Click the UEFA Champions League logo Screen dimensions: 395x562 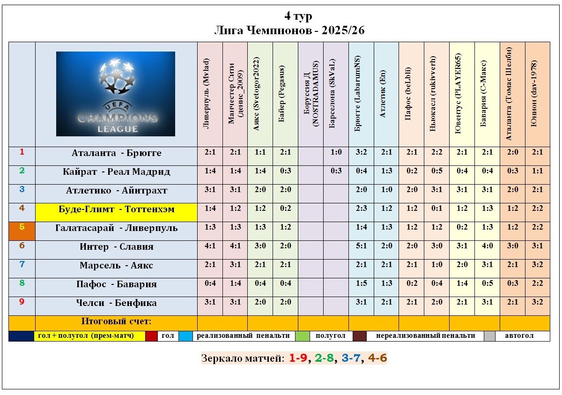[x=116, y=94]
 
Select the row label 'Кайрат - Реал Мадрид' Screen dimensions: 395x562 [x=116, y=172]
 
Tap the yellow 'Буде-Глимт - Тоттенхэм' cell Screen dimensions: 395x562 [x=116, y=209]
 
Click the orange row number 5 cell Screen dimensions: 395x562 [x=22, y=231]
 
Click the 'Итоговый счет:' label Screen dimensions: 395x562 [x=116, y=322]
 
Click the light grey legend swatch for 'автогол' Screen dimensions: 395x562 [x=489, y=336]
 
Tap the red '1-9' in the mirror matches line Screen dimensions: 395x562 [x=298, y=358]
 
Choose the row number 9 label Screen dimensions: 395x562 [x=22, y=302]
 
